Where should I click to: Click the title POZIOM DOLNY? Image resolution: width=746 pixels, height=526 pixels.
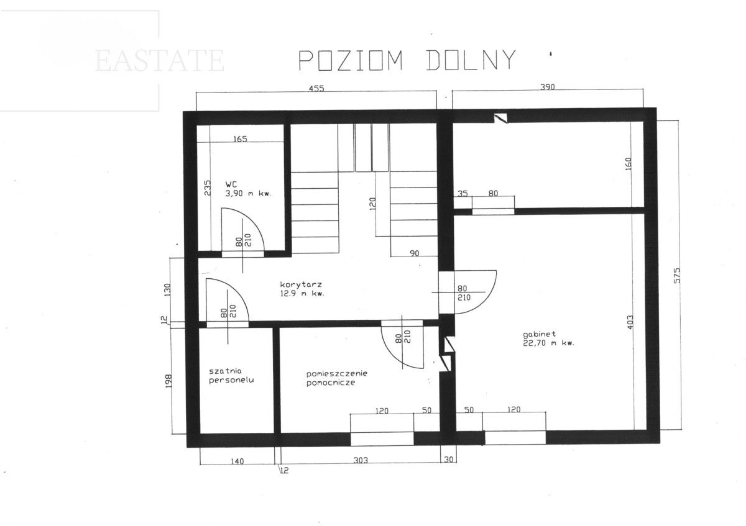(x=407, y=60)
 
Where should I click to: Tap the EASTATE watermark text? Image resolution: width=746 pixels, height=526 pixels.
(x=160, y=61)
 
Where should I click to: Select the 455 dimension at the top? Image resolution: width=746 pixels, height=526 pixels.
(x=316, y=89)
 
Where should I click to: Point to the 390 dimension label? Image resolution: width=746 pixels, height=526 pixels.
(x=547, y=87)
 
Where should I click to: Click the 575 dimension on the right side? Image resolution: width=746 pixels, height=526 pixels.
(x=677, y=276)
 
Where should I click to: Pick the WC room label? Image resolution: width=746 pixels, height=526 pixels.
(x=248, y=189)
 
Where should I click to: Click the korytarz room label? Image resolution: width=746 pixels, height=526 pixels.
(x=302, y=289)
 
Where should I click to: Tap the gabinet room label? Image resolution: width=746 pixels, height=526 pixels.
(x=548, y=338)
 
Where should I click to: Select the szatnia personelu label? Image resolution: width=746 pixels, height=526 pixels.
(x=231, y=376)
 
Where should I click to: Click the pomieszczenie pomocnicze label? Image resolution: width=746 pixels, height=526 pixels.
(x=337, y=378)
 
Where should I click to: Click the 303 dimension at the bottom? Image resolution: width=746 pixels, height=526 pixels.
(x=361, y=460)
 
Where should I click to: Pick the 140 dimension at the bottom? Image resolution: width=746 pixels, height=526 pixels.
(x=237, y=461)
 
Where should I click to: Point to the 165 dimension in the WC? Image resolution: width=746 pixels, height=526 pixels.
(x=240, y=138)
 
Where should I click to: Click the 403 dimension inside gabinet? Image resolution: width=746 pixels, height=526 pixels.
(x=630, y=322)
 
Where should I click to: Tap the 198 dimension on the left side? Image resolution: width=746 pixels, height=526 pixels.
(x=168, y=381)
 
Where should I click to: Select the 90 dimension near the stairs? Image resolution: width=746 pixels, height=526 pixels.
(x=414, y=253)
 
